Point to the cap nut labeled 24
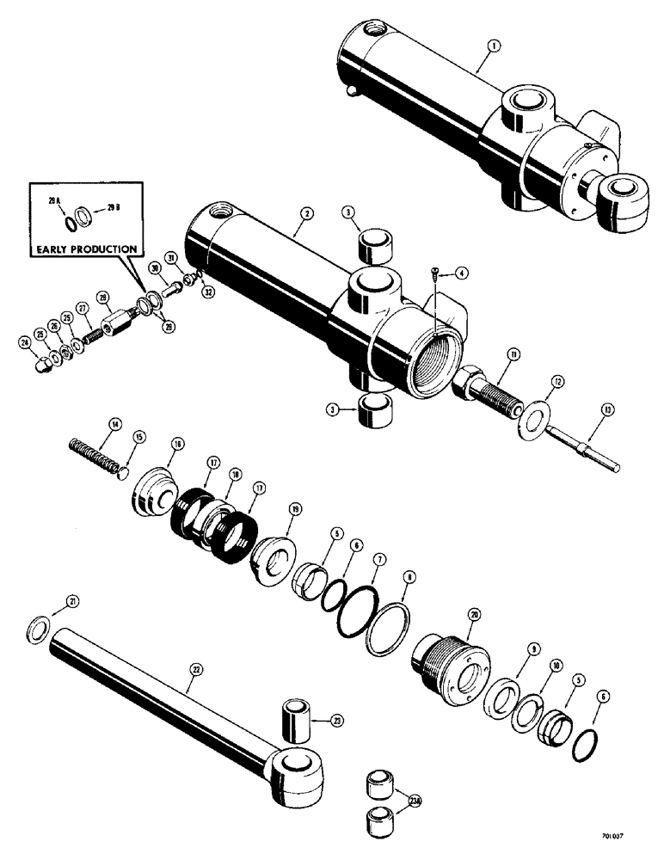pyautogui.click(x=40, y=368)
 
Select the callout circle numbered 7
pyautogui.click(x=376, y=560)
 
